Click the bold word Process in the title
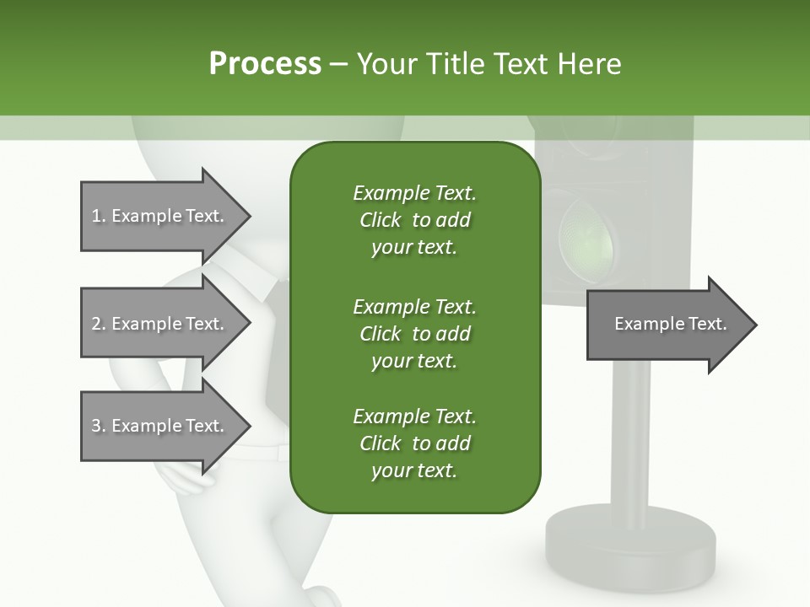coord(265,64)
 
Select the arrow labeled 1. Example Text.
coord(160,216)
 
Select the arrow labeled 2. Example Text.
coord(160,324)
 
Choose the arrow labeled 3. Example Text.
coord(160,426)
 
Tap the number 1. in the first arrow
coord(99,216)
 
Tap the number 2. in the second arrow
coord(99,324)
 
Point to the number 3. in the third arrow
coord(99,426)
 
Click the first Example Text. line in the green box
coord(414,193)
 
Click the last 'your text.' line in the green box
coord(414,470)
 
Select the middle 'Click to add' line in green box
coord(414,334)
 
